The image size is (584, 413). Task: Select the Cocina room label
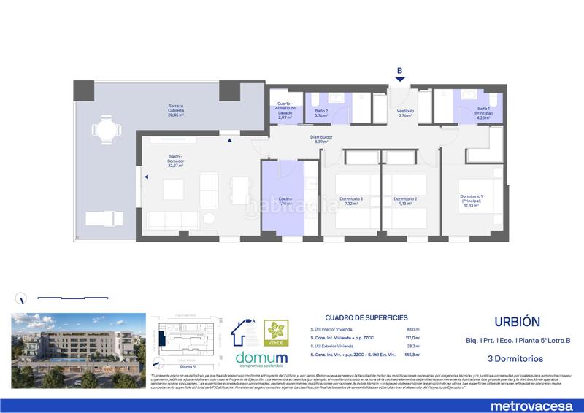[285, 202]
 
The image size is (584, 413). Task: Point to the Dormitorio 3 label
[351, 201]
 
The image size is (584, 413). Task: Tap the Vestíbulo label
[406, 113]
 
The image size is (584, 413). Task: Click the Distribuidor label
[323, 139]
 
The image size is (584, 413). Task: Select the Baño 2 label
[320, 113]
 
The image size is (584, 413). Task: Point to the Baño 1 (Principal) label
[484, 113]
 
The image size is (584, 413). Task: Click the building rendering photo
[77, 341]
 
